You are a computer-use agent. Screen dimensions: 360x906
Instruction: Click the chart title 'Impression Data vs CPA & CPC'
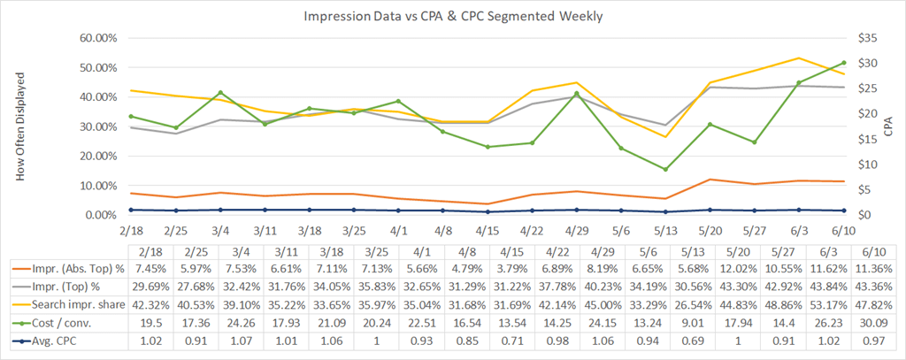[452, 17]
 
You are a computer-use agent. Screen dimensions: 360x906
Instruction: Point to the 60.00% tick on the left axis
[89, 38]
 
